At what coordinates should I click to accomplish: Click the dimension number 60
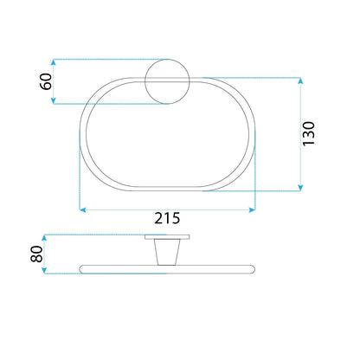[46, 82]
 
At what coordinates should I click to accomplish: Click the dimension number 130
[313, 134]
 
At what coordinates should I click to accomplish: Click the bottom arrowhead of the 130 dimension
[301, 188]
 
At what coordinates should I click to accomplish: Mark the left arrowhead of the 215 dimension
[82, 209]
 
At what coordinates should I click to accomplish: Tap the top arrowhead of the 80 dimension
[44, 236]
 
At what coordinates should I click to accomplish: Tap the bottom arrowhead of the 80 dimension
[44, 272]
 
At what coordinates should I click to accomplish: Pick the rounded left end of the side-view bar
[81, 267]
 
